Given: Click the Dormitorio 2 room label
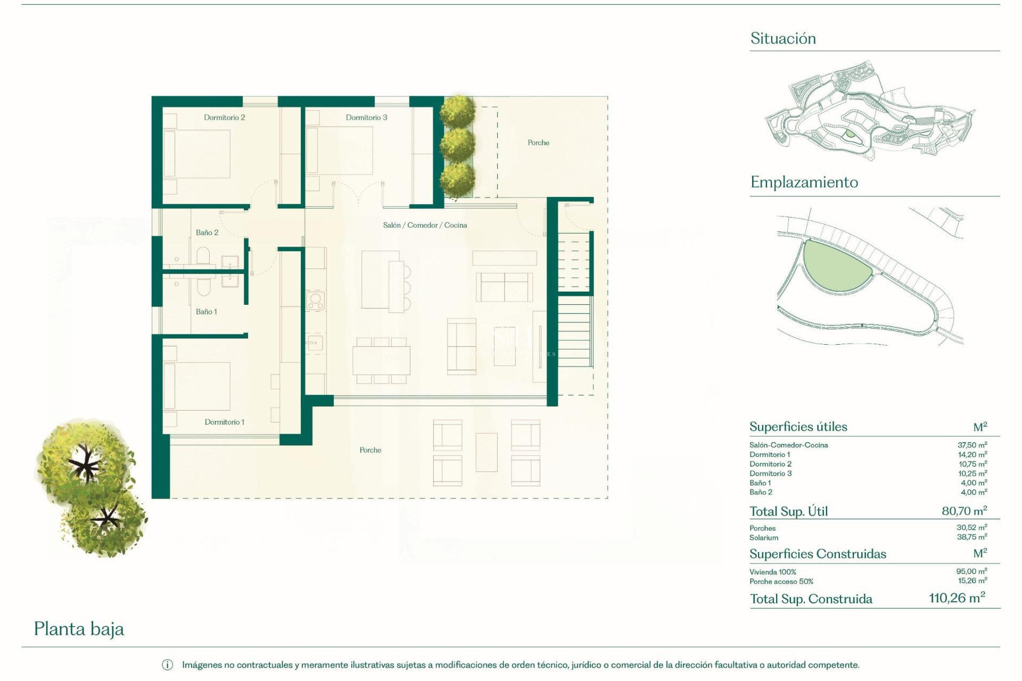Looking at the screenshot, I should [224, 118].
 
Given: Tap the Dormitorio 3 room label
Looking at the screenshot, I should [366, 118].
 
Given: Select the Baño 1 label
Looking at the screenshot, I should [206, 312].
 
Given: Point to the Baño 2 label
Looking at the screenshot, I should [207, 232].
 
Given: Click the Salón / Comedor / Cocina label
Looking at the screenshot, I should [425, 225].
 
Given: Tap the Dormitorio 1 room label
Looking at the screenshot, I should [224, 422].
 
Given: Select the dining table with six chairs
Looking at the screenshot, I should [381, 361].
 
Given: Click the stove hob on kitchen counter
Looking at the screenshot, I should [315, 301].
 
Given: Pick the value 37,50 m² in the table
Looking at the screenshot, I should [971, 445].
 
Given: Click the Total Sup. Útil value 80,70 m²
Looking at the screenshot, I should [964, 511].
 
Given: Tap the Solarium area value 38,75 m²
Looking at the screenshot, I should [971, 537].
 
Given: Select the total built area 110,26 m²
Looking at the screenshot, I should [957, 598].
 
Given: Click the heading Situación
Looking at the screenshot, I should [782, 38].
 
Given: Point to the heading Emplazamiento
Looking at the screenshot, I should [804, 182].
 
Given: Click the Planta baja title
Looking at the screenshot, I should [79, 629].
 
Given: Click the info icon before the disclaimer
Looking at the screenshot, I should [167, 665].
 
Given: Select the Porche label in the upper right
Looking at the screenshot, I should [538, 143].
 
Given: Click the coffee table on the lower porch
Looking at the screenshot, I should [486, 452].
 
